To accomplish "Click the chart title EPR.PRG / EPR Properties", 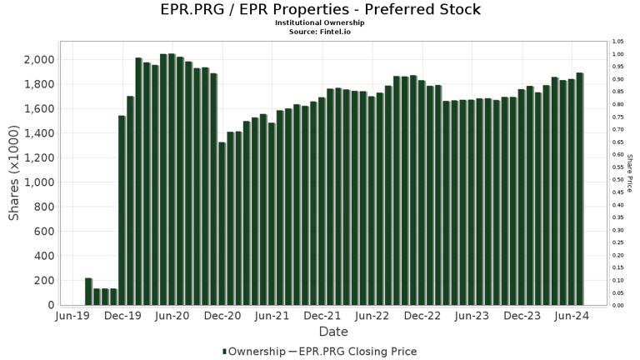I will click(x=320, y=10).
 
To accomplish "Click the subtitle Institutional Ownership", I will click(x=320, y=22).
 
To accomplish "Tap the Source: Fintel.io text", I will click(x=320, y=31).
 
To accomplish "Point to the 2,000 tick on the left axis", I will click(x=39, y=60).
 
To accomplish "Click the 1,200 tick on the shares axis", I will click(x=39, y=158).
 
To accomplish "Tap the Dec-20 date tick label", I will click(x=222, y=317).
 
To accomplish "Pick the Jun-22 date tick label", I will click(x=372, y=317).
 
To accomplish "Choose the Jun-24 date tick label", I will click(x=572, y=317).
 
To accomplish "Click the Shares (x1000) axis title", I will click(x=14, y=173).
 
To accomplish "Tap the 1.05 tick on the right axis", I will click(x=617, y=42).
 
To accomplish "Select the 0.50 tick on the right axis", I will click(x=617, y=180).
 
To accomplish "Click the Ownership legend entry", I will click(x=253, y=351).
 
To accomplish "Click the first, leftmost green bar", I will click(x=88, y=292).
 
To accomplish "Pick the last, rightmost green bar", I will click(x=579, y=189).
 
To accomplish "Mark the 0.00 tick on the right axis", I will click(x=617, y=306).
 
